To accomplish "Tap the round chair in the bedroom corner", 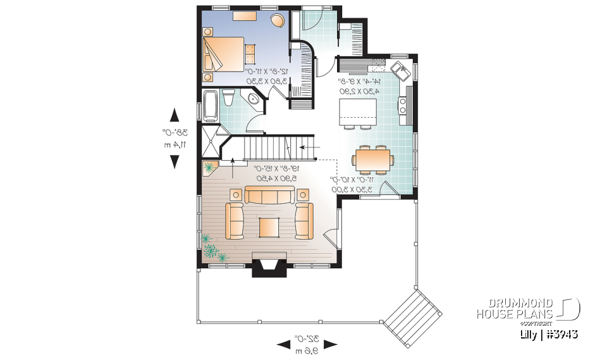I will tap(278, 21).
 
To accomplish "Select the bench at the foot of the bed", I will tap(251, 55).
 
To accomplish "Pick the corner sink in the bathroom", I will tap(255, 100).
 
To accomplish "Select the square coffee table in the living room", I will tap(269, 227).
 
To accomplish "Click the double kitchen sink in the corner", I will tap(402, 70).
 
